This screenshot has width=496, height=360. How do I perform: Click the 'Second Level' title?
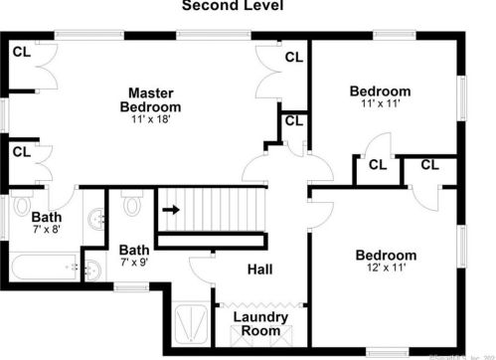click(x=232, y=6)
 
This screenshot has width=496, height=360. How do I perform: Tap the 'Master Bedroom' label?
click(x=150, y=99)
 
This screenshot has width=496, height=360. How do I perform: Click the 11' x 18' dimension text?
click(x=151, y=120)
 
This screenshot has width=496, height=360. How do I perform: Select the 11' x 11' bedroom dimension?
click(x=380, y=103)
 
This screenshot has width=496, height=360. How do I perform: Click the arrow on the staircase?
click(x=171, y=210)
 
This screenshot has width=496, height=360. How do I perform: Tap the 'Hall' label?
click(x=259, y=269)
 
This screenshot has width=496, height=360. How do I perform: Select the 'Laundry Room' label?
click(x=260, y=323)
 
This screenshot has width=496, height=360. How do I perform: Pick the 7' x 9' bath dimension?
click(x=134, y=264)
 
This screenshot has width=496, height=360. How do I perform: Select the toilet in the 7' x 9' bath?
click(x=132, y=202)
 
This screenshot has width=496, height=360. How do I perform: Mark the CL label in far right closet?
click(x=429, y=165)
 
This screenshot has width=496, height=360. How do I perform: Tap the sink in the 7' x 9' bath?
click(x=91, y=266)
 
